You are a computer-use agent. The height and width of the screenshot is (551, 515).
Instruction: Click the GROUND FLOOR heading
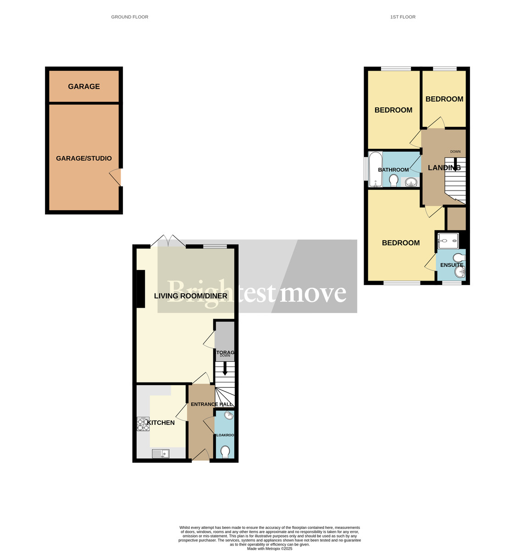pyautogui.click(x=129, y=17)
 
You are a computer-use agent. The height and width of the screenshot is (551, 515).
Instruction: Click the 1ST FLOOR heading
pyautogui.click(x=403, y=17)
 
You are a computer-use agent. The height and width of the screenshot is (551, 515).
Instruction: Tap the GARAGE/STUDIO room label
pyautogui.click(x=84, y=158)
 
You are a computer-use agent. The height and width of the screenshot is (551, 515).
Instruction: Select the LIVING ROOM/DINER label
pyautogui.click(x=190, y=296)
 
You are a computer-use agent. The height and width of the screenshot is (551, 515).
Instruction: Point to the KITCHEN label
pyautogui.click(x=161, y=422)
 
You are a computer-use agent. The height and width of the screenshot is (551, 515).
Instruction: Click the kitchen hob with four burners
pyautogui.click(x=143, y=424)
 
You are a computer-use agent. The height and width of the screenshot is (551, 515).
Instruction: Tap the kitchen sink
pyautogui.click(x=161, y=454)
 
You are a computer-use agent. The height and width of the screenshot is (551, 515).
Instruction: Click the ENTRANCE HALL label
pyautogui.click(x=211, y=404)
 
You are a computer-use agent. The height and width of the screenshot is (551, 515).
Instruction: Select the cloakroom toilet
pyautogui.click(x=225, y=452)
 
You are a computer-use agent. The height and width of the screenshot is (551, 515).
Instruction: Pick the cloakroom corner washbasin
pyautogui.click(x=228, y=416)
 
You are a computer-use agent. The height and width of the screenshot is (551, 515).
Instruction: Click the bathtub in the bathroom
pyautogui.click(x=376, y=169)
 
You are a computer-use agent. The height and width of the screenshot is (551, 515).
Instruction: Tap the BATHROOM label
pyautogui.click(x=393, y=170)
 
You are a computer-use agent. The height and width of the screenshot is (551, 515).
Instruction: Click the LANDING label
pyautogui.click(x=444, y=168)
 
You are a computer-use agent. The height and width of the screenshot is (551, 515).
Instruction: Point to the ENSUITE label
pyautogui.click(x=451, y=265)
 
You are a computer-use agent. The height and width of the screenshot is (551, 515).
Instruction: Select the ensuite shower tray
pyautogui.click(x=449, y=240)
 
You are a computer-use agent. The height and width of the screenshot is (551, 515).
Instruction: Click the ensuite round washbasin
pyautogui.click(x=459, y=273)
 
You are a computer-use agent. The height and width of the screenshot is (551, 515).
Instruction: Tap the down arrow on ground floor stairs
pyautogui.click(x=225, y=369)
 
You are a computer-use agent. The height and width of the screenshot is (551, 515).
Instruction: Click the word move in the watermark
pyautogui.click(x=313, y=292)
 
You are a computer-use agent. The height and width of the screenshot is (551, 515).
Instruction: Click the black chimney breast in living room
pyautogui.click(x=140, y=289)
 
